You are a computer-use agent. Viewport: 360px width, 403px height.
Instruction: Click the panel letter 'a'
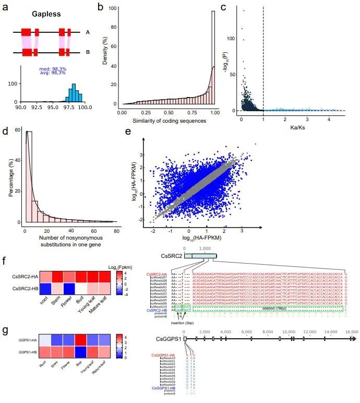[5, 9]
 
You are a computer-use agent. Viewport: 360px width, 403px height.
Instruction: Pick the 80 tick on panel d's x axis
[116, 230]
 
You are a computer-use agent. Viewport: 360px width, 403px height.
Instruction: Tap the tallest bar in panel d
[29, 177]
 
